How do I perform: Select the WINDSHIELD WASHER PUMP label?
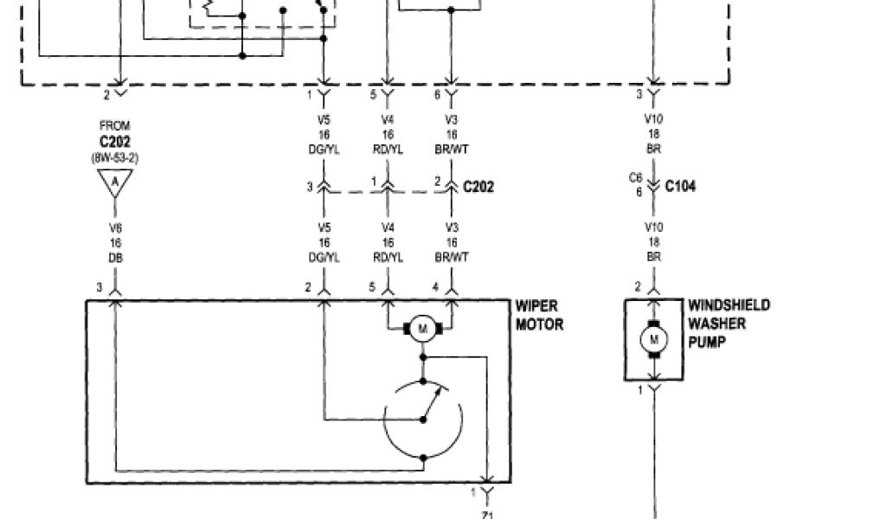[729, 324]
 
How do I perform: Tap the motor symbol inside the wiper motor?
[423, 328]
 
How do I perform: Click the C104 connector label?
[681, 186]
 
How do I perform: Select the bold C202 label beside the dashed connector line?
[478, 186]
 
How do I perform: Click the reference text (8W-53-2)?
[114, 158]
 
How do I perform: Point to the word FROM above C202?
[114, 126]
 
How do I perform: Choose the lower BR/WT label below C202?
[450, 257]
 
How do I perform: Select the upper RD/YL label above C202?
[387, 148]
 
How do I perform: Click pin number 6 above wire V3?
[437, 94]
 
